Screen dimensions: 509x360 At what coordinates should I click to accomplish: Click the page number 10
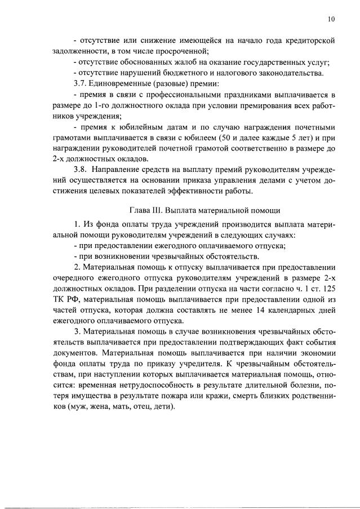pyautogui.click(x=331, y=19)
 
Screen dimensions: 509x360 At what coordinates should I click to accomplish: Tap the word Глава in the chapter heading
pyautogui.click(x=141, y=211)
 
